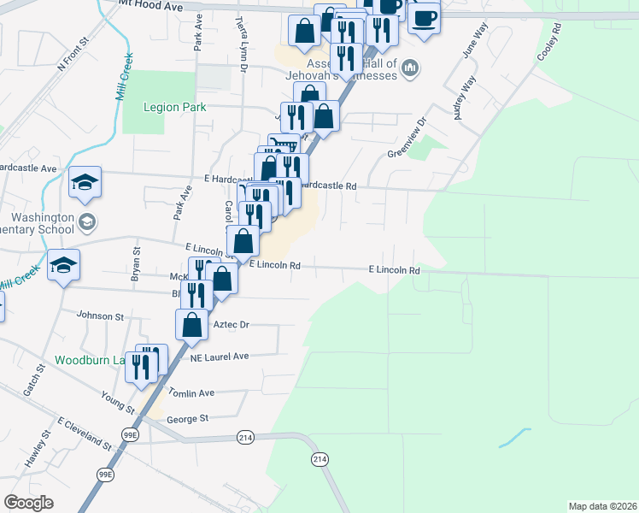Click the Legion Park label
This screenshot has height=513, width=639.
pos(152,108)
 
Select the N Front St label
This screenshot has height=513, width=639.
pos(73,54)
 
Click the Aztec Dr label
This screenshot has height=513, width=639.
pos(231,325)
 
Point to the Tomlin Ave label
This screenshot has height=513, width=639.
pos(191,393)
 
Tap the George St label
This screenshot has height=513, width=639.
pos(188,419)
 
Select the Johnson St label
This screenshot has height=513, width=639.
pos(101,316)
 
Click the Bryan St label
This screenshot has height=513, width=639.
pos(136,262)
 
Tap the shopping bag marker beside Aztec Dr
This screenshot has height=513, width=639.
pos(192,324)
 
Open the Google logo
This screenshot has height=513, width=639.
pos(29,503)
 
